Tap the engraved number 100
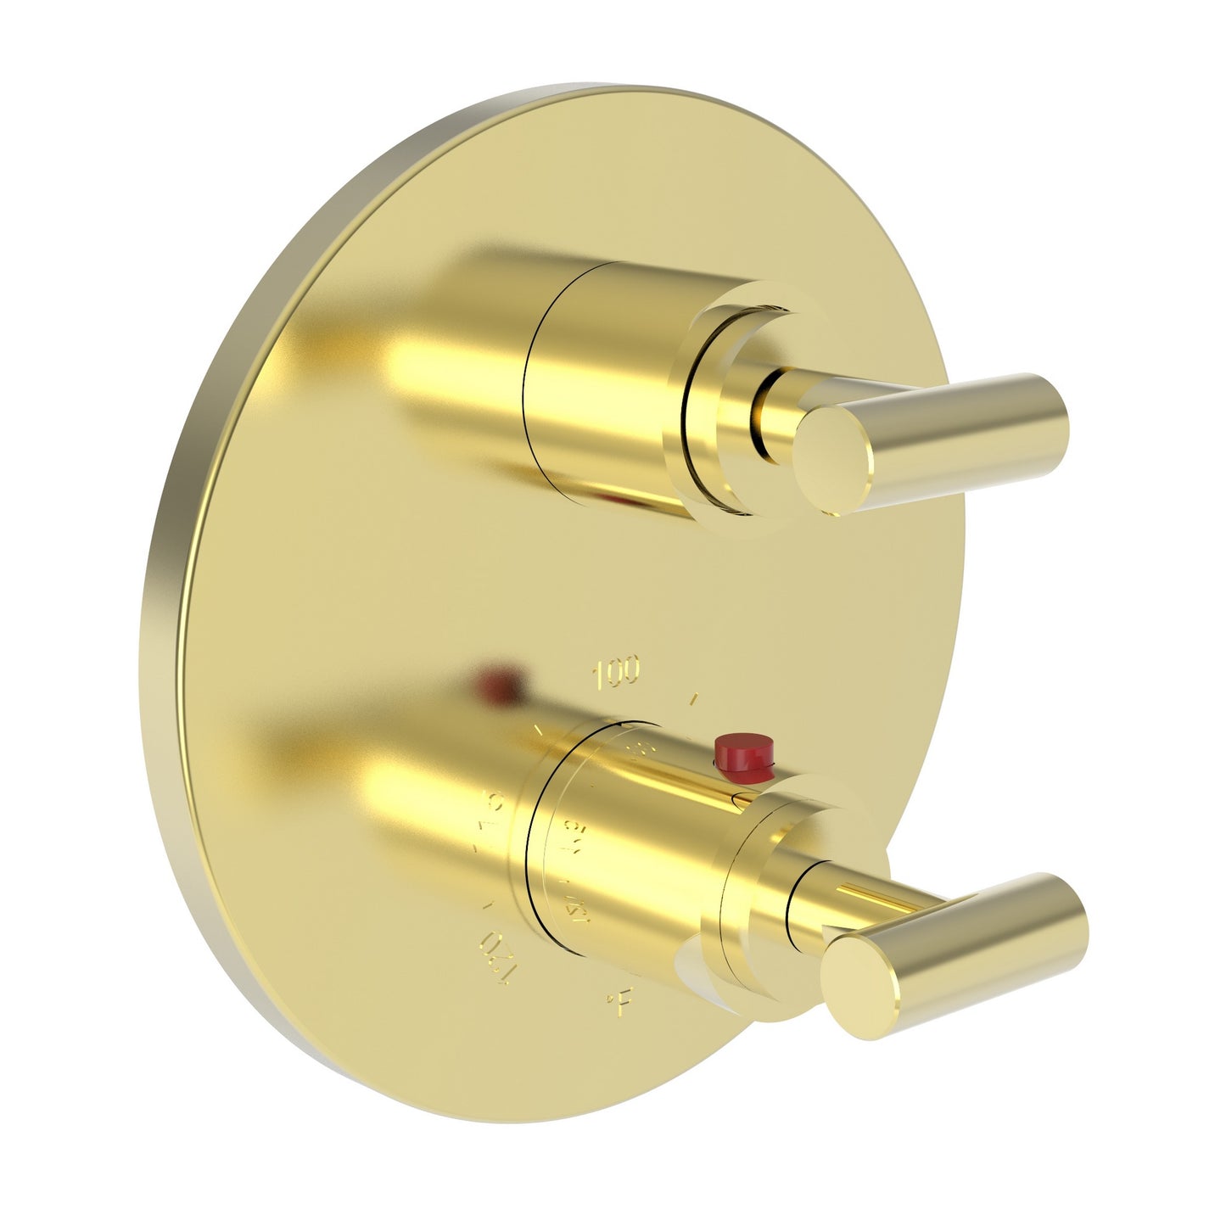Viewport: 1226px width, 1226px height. pyautogui.click(x=618, y=674)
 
